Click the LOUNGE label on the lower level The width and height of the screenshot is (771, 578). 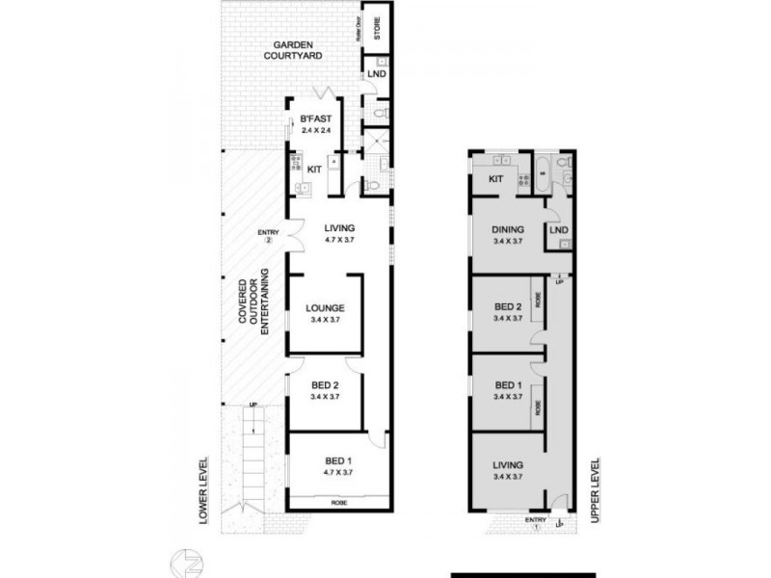[325, 308]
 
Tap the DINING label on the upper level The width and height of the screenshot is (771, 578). [507, 229]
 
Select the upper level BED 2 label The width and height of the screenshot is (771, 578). [506, 308]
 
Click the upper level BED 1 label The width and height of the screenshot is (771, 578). [506, 383]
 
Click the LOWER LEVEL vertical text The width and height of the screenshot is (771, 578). [203, 491]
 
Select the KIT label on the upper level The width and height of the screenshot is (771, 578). [497, 179]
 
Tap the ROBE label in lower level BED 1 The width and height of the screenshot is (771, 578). [337, 503]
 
